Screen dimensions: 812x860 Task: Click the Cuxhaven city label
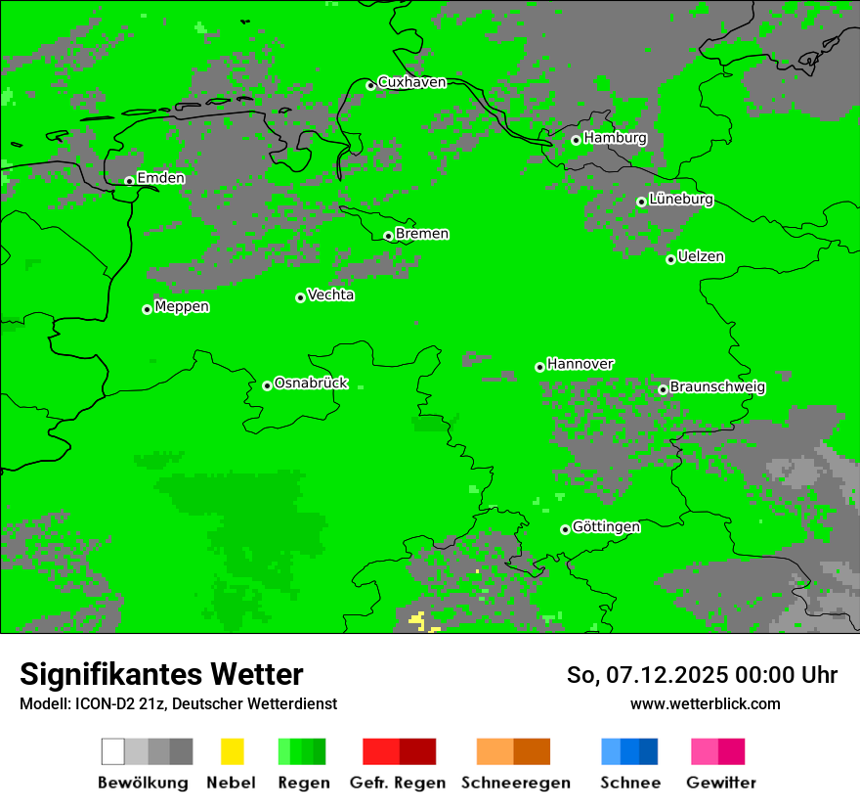coord(411,82)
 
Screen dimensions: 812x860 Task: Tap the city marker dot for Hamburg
coord(576,140)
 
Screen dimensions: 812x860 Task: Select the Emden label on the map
coord(160,178)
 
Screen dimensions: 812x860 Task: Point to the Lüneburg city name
coord(681,199)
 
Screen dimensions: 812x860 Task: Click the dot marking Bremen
coord(388,236)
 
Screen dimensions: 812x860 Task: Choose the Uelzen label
coord(701,256)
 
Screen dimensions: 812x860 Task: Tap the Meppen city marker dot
coord(147,309)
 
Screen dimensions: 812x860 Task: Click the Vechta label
coord(330,294)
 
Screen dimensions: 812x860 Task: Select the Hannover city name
coord(580,364)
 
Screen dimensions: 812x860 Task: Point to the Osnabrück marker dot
coord(267,385)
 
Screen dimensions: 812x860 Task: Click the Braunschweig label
coord(717,387)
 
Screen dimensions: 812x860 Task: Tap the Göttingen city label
coord(606,527)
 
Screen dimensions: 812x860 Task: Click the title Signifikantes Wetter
coord(161,674)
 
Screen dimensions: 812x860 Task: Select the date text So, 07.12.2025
coord(651,675)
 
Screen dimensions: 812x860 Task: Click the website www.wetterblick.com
coord(705,703)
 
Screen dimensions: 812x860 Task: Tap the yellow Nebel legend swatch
coord(232,751)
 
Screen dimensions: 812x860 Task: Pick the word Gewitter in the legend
coord(720,783)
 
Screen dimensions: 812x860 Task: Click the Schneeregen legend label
coord(515,783)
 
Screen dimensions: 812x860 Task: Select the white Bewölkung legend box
coord(113,751)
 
